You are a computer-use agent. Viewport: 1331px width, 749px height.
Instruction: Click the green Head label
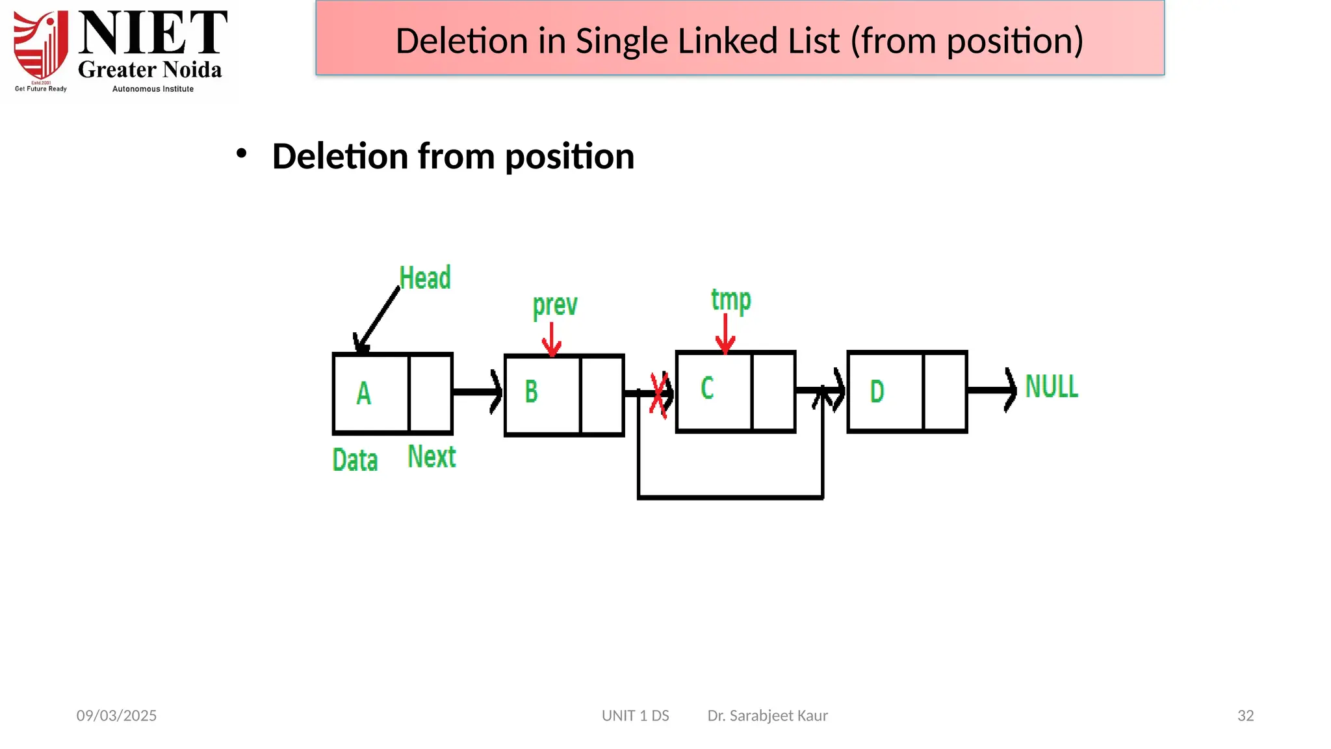coord(424,278)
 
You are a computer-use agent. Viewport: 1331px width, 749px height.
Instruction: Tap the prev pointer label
coord(554,305)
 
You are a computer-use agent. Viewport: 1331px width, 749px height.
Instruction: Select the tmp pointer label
coord(730,300)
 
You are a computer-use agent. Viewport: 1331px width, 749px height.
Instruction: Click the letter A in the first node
coord(364,393)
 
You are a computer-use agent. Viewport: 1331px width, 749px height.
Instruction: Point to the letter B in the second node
coord(532,391)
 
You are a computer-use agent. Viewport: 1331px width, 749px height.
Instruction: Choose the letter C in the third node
coord(707,388)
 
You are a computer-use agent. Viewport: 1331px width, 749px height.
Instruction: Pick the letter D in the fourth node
coord(877,391)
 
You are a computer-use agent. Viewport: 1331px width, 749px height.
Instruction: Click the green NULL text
coord(1051,387)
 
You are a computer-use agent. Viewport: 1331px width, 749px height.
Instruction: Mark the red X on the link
coord(659,394)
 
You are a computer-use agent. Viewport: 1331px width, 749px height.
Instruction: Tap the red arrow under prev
coord(552,339)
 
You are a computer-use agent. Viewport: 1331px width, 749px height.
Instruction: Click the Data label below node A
coord(355,460)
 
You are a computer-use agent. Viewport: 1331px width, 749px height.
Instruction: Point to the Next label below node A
coord(432,456)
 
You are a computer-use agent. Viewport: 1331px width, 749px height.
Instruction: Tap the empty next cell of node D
coord(944,391)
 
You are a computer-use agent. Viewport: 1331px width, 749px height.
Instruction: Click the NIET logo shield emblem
coord(41,46)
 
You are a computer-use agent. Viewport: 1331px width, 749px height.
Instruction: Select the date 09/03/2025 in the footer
coord(116,716)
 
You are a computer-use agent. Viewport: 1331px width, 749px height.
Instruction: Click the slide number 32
coord(1245,716)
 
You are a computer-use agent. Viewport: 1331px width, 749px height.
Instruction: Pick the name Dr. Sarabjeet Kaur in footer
coord(767,716)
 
